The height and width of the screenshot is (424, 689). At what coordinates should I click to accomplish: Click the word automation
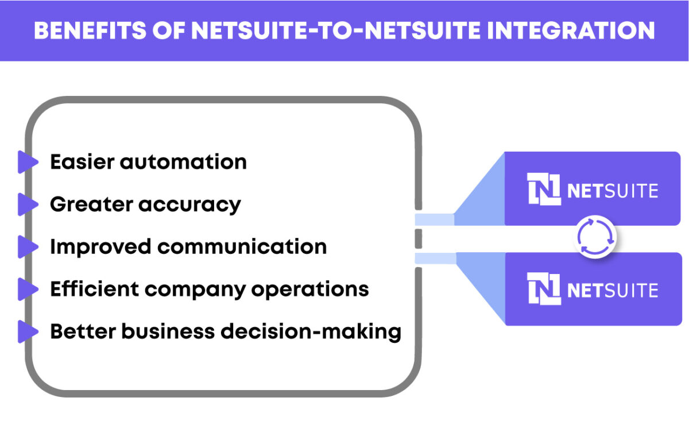(x=183, y=162)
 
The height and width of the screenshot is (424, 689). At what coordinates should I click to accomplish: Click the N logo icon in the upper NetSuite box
(x=544, y=189)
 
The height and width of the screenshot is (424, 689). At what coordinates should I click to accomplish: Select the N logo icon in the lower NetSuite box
(x=544, y=289)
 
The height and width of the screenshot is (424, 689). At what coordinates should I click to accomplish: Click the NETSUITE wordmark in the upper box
(x=612, y=191)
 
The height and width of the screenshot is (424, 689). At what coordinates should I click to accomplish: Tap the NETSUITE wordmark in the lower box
(x=612, y=291)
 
